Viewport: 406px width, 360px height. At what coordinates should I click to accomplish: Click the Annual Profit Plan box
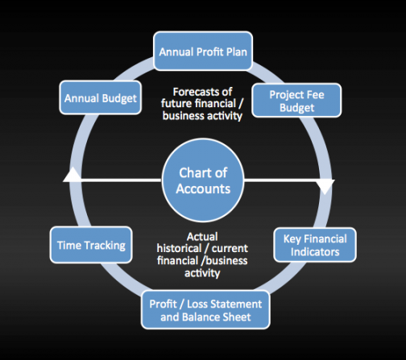pyautogui.click(x=203, y=51)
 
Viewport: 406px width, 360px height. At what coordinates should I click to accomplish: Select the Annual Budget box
pyautogui.click(x=101, y=97)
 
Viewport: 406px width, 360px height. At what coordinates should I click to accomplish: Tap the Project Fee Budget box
pyautogui.click(x=296, y=101)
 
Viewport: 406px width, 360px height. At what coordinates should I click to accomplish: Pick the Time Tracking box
pyautogui.click(x=91, y=245)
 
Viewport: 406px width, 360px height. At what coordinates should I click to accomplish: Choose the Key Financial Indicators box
pyautogui.click(x=315, y=245)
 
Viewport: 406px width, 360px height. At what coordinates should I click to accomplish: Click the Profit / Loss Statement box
pyautogui.click(x=205, y=310)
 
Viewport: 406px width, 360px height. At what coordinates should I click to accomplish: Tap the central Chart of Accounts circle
pyautogui.click(x=203, y=180)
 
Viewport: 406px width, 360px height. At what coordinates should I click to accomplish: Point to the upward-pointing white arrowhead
pyautogui.click(x=72, y=175)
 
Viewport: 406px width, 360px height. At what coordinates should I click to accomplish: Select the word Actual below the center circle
pyautogui.click(x=202, y=237)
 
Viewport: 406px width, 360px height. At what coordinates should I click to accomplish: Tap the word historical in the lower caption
pyautogui.click(x=179, y=248)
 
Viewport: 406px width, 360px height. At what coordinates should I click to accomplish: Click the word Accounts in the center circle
pyautogui.click(x=203, y=188)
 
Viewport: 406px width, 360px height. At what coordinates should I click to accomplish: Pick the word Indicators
pyautogui.click(x=315, y=252)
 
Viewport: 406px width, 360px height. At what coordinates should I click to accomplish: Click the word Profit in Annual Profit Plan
pyautogui.click(x=209, y=52)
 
